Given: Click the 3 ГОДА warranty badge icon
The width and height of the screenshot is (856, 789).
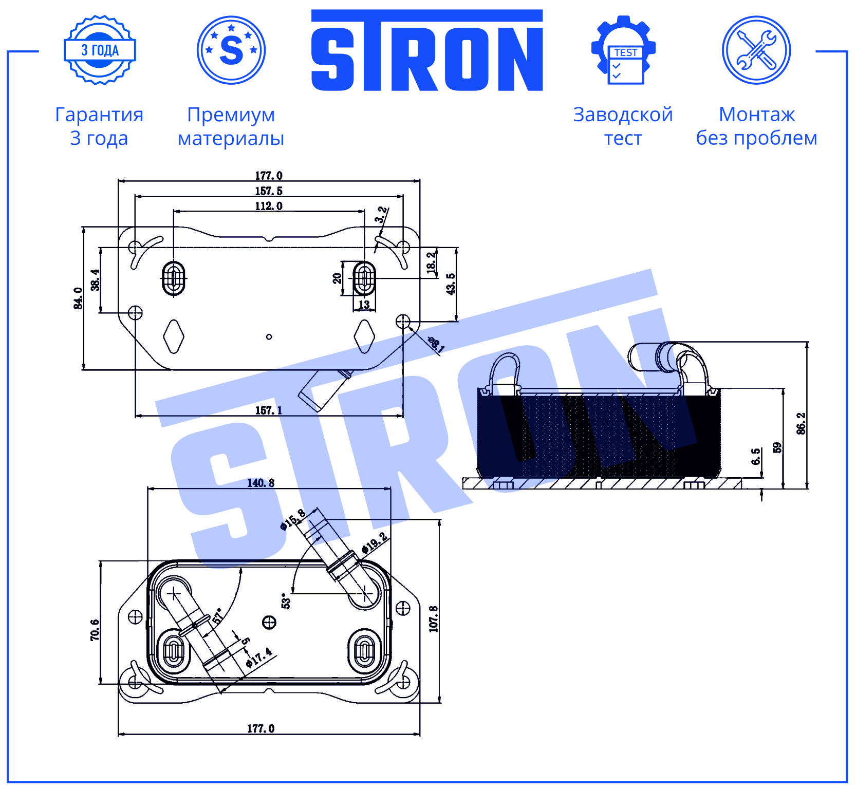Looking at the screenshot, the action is [x=100, y=50].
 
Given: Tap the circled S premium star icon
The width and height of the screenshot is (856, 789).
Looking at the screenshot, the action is [x=231, y=50].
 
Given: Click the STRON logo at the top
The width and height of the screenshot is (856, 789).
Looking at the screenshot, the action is [x=427, y=50].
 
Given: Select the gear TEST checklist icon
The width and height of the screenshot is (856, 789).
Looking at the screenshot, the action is [x=623, y=50].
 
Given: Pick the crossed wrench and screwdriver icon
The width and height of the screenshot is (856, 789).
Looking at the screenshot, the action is [x=756, y=50].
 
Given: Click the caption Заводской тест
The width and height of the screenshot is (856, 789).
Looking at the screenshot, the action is [x=623, y=126].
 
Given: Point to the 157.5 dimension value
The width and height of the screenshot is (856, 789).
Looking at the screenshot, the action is [x=269, y=191].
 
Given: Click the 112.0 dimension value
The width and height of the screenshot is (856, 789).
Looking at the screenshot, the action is [x=269, y=206].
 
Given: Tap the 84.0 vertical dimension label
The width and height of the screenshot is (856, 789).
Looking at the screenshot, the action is [x=79, y=298].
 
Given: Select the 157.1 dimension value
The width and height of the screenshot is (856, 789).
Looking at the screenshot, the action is [x=269, y=410].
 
